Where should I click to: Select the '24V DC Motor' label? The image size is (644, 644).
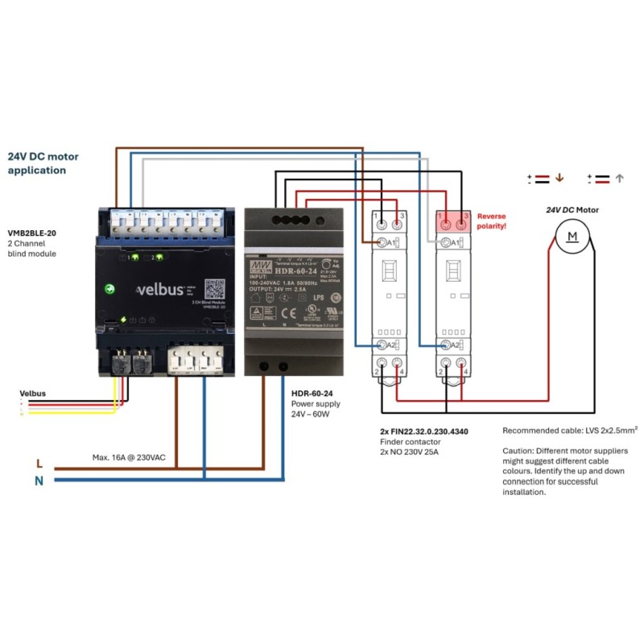point(572,210)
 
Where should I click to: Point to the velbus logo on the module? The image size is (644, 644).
point(161,288)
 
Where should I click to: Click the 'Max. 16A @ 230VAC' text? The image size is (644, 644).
point(129,457)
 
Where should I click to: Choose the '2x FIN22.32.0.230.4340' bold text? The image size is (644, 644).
point(423,431)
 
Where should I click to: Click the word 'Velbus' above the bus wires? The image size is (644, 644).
point(33,394)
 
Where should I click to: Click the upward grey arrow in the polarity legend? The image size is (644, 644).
point(620,179)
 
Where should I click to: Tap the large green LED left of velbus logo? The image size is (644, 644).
point(110,288)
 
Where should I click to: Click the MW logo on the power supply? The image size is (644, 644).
point(258,264)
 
